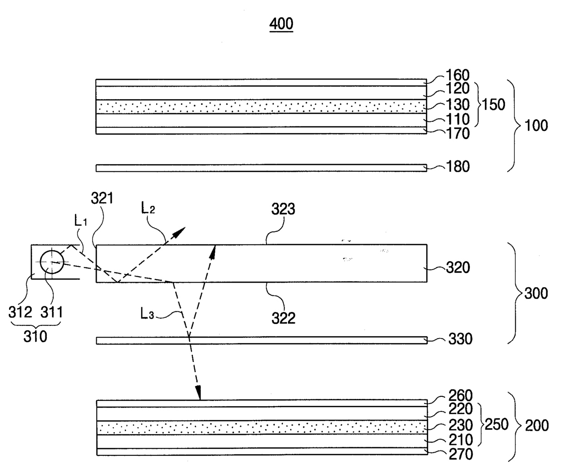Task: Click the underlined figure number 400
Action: coord(281,23)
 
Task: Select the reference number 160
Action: coord(457,75)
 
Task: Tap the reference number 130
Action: coord(457,105)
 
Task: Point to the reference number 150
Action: coord(493,105)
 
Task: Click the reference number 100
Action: coord(536,125)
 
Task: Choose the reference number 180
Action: coord(457,167)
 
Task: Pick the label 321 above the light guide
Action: coord(102,199)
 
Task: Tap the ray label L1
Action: coord(81,221)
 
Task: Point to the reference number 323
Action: coord(283,209)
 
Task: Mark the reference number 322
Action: coord(283,318)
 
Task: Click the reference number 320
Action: coord(457,267)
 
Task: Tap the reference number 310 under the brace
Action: coord(35,337)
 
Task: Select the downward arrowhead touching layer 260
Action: coord(198,393)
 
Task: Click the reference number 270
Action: coord(460,454)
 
